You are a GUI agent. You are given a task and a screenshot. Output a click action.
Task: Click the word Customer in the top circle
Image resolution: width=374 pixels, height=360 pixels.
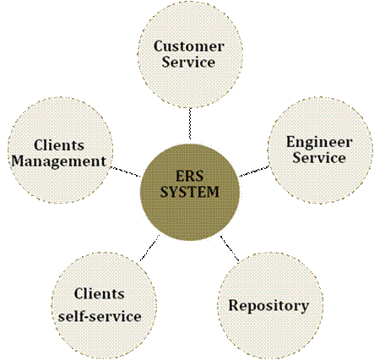[x=189, y=46]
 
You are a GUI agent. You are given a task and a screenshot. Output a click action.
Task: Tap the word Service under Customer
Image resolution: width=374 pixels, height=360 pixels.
[x=188, y=62]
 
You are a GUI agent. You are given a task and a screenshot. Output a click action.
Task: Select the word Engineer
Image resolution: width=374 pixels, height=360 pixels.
[x=319, y=143]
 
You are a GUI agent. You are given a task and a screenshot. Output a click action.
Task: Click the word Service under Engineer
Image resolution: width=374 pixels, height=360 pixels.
[x=319, y=157]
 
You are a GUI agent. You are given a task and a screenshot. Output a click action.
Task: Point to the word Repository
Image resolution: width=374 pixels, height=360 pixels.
[x=268, y=306]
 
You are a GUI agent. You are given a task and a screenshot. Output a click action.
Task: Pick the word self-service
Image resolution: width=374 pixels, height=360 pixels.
[x=100, y=317]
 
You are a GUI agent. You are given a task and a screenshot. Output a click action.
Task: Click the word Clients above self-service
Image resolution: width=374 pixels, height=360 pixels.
[x=100, y=294]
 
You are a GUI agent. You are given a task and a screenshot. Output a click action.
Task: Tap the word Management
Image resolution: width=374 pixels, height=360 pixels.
[x=59, y=161]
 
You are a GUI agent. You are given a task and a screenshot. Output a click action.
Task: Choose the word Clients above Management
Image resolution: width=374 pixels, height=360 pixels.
[x=59, y=145]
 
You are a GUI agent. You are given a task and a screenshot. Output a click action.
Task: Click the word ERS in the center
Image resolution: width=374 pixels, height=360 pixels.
[x=189, y=176]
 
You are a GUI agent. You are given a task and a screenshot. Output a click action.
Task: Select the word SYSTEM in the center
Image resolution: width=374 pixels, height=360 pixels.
[x=189, y=192]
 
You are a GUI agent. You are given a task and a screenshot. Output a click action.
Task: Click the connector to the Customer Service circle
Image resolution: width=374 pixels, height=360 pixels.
[x=190, y=123]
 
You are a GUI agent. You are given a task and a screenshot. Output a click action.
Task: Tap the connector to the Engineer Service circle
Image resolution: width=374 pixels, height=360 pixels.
[x=254, y=172]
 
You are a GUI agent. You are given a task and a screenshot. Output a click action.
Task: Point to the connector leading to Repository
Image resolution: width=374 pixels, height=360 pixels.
[x=230, y=248]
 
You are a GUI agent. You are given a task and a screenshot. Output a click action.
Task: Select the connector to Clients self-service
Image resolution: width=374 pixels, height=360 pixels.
[x=149, y=248]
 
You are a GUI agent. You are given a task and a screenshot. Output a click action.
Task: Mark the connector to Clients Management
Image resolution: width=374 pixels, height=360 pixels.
[x=126, y=172]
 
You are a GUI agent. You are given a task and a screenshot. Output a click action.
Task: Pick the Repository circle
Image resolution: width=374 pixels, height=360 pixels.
[x=270, y=306]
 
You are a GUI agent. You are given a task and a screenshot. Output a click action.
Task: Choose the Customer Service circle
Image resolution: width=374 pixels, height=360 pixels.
[x=190, y=55]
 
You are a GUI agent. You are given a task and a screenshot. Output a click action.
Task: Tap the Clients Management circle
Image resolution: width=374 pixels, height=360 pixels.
[x=60, y=150]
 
